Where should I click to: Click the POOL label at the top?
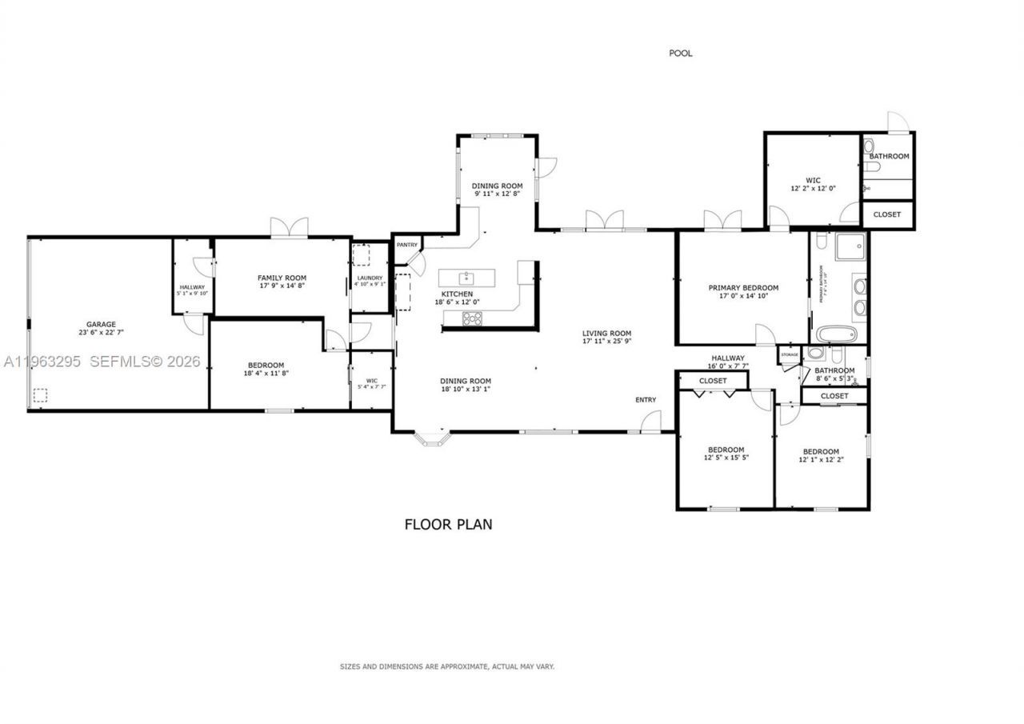(x=680, y=54)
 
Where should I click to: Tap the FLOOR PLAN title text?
(x=448, y=525)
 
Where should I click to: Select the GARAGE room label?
(x=101, y=325)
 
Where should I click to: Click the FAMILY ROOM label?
(x=282, y=277)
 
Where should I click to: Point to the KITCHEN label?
(x=457, y=294)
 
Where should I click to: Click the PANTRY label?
(x=406, y=245)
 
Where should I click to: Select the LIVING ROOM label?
(x=606, y=334)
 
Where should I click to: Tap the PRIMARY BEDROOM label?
(x=743, y=287)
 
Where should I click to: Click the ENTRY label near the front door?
(x=646, y=400)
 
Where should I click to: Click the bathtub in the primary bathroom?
(x=837, y=334)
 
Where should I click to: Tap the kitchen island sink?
(x=466, y=278)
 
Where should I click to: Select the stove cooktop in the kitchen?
(x=473, y=318)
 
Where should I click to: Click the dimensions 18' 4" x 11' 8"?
(x=266, y=374)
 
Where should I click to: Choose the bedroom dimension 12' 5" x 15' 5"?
(x=726, y=458)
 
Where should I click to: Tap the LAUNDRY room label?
(x=370, y=278)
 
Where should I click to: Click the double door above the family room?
(x=289, y=227)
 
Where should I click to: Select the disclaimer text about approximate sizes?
(x=447, y=666)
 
